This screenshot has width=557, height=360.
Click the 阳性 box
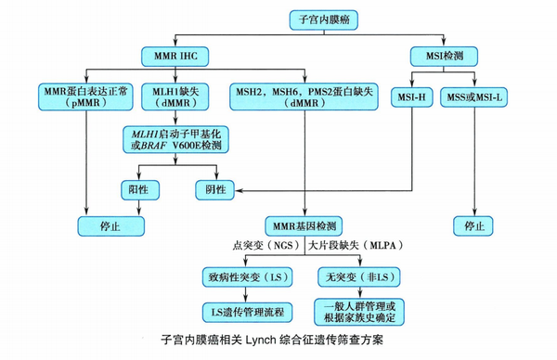[140, 188]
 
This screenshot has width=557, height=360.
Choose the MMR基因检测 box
[305, 225]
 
